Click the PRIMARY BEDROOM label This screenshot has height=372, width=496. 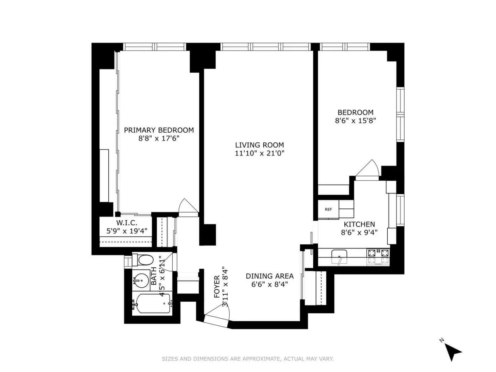tap(159, 130)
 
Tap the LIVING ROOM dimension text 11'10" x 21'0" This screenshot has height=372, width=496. tap(259, 153)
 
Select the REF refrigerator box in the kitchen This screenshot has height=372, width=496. tap(328, 209)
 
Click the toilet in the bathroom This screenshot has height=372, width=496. tap(145, 260)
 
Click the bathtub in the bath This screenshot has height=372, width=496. tap(151, 305)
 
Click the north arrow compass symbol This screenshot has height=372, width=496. tap(453, 352)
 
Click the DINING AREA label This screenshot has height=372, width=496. tap(269, 276)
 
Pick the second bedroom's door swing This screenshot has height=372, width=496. tap(367, 170)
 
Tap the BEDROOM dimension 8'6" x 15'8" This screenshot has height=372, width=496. tap(355, 121)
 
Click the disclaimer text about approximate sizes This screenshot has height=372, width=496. tap(248, 359)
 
